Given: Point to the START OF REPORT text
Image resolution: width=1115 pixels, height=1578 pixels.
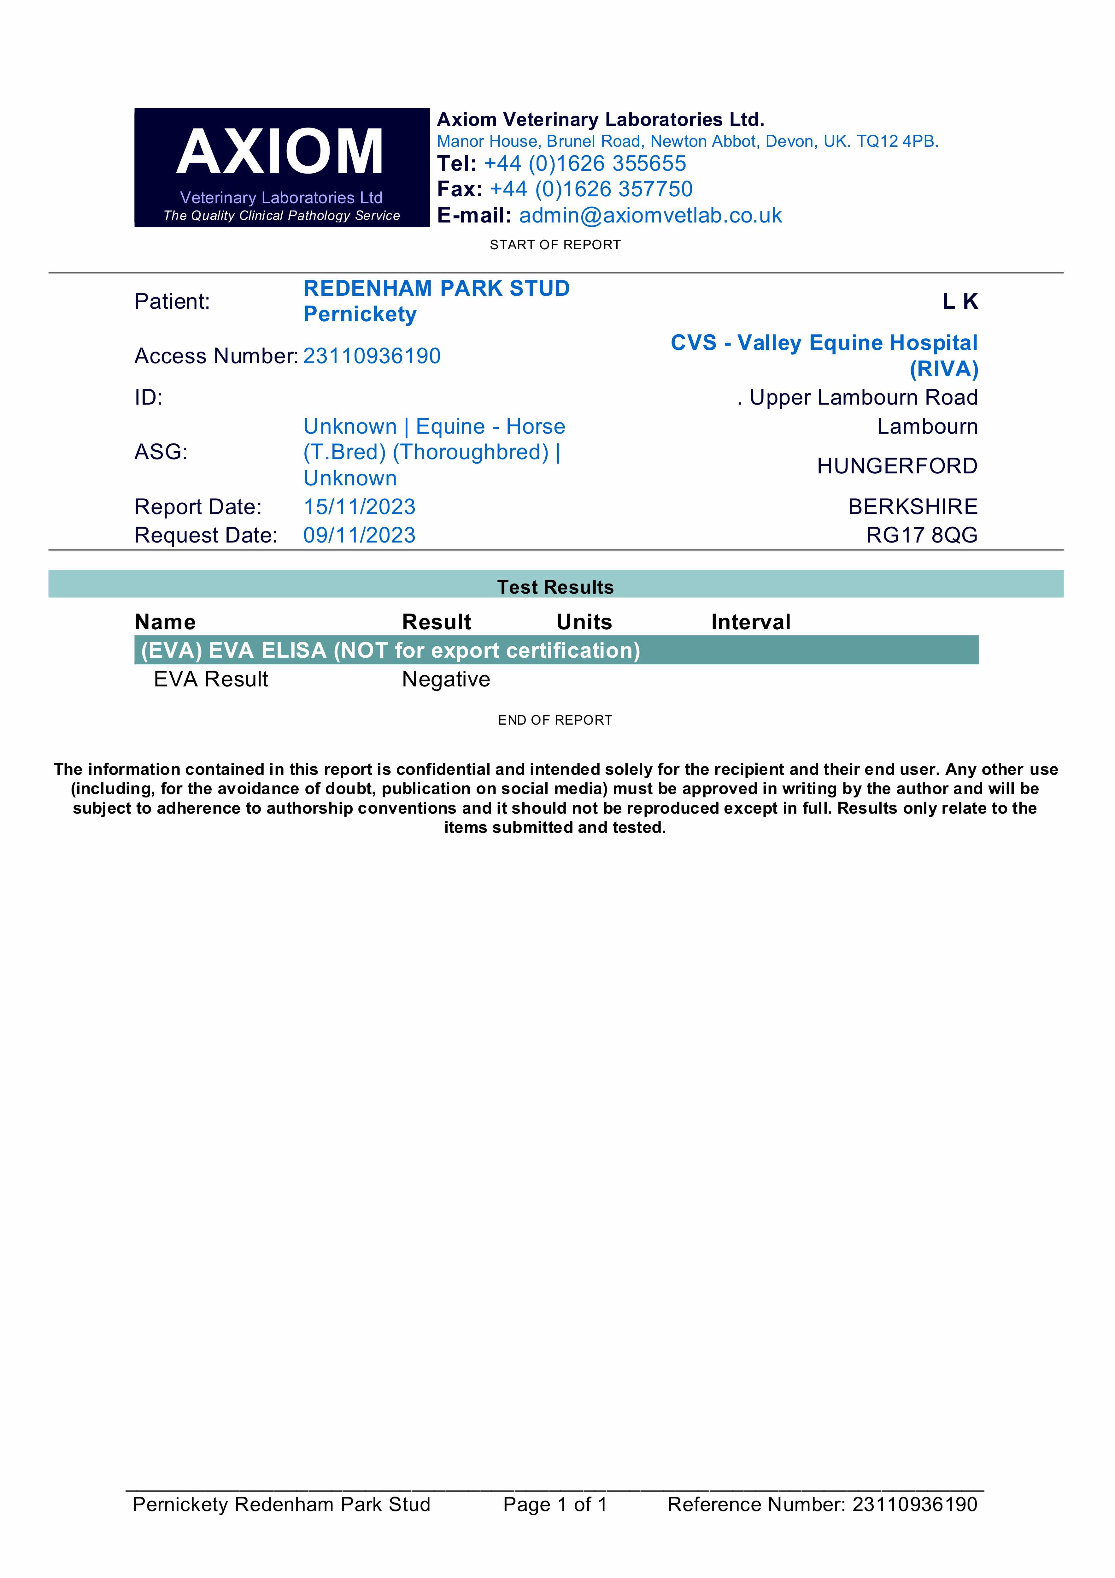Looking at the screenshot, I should pyautogui.click(x=555, y=245).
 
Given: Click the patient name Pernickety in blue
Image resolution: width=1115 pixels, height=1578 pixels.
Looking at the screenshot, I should pyautogui.click(x=360, y=314).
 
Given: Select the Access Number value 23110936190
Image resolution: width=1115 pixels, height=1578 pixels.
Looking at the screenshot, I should pyautogui.click(x=372, y=356).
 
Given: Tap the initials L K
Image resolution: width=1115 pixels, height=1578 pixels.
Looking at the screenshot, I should pyautogui.click(x=960, y=301).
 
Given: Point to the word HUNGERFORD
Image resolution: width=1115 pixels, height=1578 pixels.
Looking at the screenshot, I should pyautogui.click(x=896, y=466).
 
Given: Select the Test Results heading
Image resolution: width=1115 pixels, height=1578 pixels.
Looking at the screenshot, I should pyautogui.click(x=555, y=587).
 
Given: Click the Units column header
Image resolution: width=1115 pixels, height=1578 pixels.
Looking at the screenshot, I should pyautogui.click(x=584, y=622).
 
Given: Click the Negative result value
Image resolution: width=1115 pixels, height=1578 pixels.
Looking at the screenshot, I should pyautogui.click(x=446, y=679).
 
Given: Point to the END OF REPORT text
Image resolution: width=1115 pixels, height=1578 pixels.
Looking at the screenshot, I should pyautogui.click(x=555, y=720).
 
